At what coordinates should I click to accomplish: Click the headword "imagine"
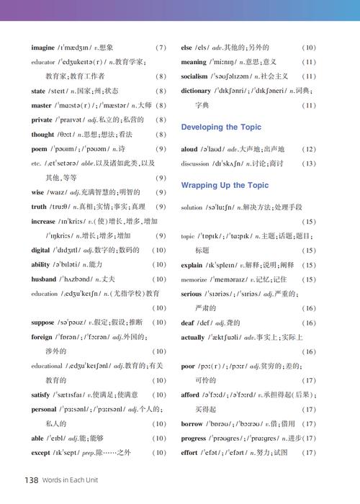(x=43, y=48)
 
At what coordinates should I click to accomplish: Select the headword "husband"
(x=44, y=279)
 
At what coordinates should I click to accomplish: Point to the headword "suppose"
(x=43, y=322)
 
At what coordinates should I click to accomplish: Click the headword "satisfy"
(x=42, y=395)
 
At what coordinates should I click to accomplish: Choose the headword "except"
(x=42, y=452)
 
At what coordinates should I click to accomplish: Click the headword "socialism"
(x=194, y=76)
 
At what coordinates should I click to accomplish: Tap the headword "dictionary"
(x=196, y=91)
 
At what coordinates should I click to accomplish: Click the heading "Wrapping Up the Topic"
(x=225, y=185)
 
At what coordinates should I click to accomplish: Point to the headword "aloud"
(x=189, y=149)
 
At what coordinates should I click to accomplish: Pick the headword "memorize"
(x=194, y=279)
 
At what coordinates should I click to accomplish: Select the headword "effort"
(x=189, y=452)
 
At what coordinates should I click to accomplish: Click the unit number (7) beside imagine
(x=161, y=48)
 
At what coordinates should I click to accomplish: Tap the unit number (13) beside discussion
(x=309, y=163)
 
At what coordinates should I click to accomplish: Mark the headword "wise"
(x=38, y=192)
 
